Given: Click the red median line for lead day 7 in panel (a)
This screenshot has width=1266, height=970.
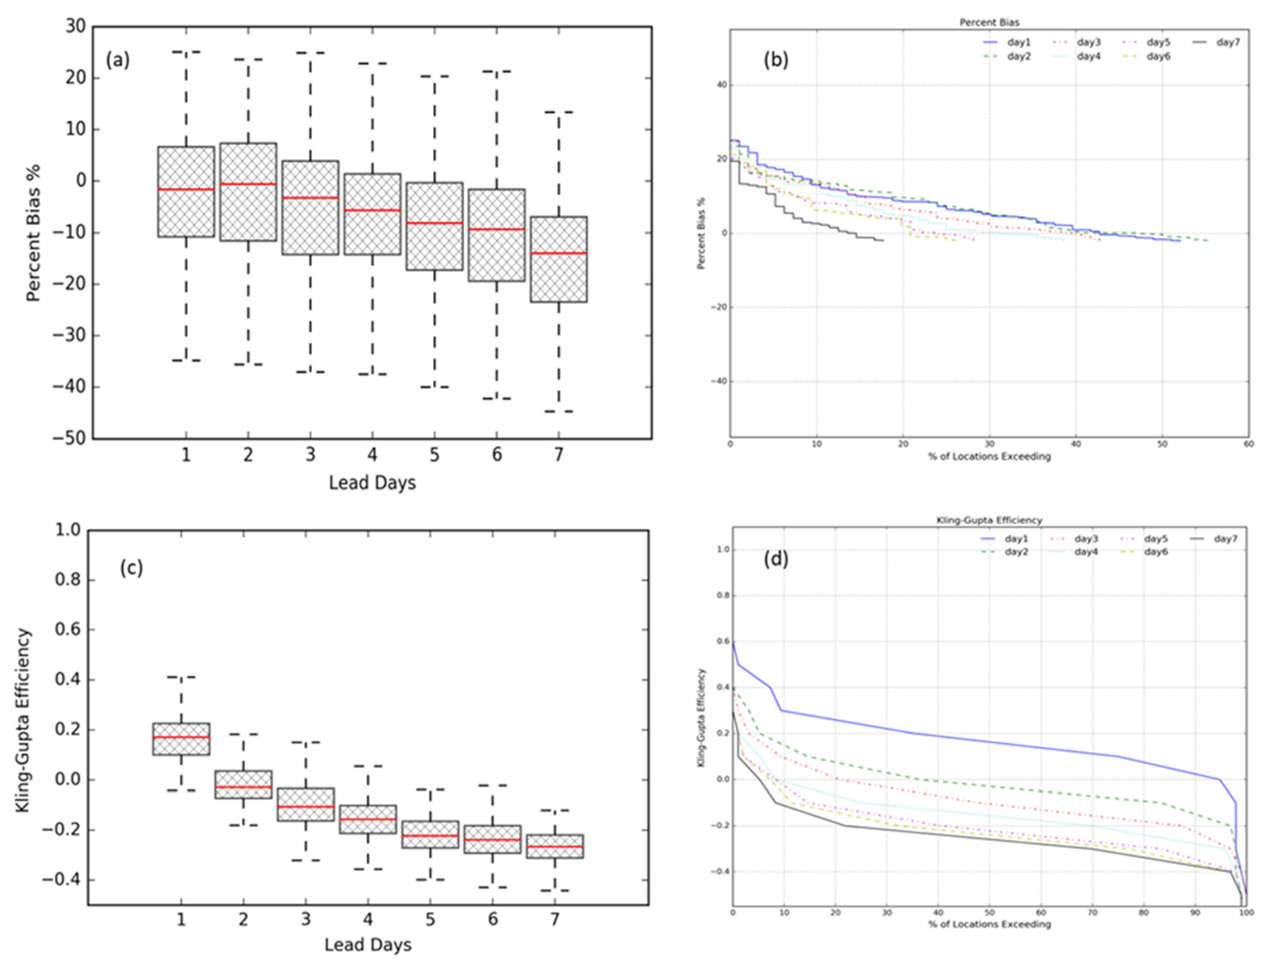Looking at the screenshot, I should [x=558, y=253].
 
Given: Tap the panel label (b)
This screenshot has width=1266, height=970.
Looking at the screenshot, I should [x=775, y=60].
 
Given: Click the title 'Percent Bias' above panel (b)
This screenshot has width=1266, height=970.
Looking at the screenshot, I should [x=989, y=22].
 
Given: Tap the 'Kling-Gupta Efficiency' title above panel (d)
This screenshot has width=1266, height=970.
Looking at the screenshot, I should [x=988, y=520].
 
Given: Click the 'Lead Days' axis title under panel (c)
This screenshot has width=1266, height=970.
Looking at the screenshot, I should [x=368, y=945].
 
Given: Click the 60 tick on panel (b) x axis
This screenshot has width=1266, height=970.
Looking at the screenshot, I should [x=1248, y=444].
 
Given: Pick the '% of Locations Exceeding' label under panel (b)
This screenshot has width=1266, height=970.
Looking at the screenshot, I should [x=989, y=456].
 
